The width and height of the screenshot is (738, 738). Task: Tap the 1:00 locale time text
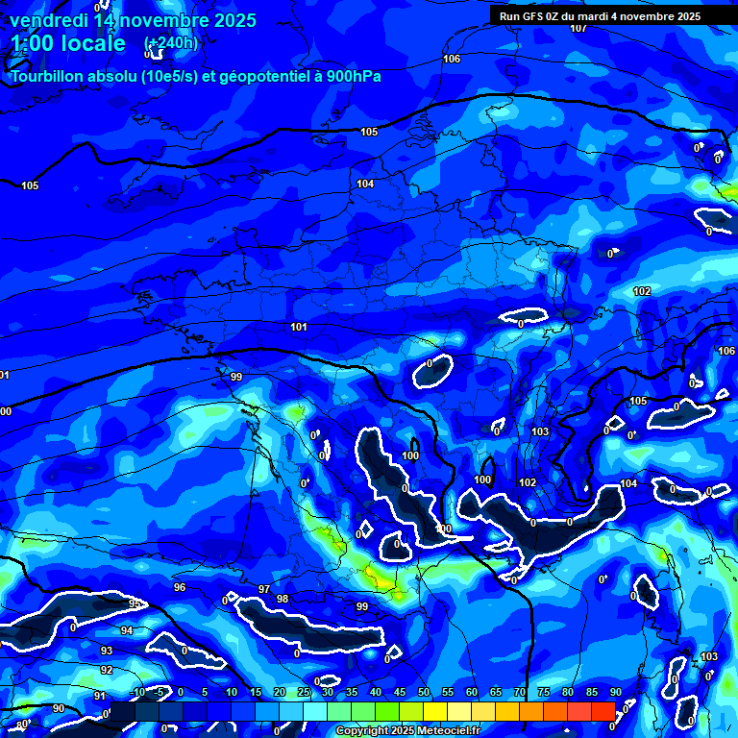[69, 43]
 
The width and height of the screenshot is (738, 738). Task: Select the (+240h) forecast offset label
[170, 43]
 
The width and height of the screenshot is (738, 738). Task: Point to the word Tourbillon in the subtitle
[52, 76]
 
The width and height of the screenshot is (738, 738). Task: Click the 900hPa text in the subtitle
[350, 76]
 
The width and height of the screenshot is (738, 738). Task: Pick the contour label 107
[578, 28]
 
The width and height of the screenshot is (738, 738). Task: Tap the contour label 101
[299, 328]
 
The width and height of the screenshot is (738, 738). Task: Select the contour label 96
[180, 587]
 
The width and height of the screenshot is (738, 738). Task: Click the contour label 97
[264, 589]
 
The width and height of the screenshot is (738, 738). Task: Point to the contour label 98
[283, 599]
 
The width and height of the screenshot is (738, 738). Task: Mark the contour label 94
[127, 631]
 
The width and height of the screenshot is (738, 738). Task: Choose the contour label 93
[107, 651]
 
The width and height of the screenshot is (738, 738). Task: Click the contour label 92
[107, 670]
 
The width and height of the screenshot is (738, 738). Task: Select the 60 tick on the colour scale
[471, 693]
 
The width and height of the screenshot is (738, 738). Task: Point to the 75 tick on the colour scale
[543, 693]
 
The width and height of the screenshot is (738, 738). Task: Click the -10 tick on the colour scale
[136, 693]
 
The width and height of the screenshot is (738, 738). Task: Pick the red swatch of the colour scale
[603, 710]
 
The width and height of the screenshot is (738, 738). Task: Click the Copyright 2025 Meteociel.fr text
[407, 731]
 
